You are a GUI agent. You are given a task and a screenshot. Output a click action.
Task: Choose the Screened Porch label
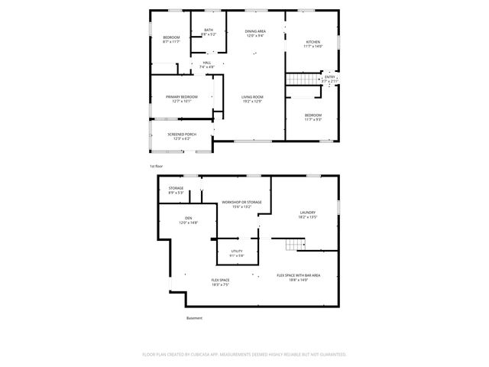[x=182, y=136]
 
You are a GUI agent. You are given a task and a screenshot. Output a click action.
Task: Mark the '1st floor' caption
[x=156, y=166]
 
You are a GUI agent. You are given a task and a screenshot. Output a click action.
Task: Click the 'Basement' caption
[x=194, y=318]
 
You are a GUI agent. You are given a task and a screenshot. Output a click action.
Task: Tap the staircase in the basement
[x=294, y=245]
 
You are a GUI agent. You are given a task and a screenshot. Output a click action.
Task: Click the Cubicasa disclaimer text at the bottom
[x=244, y=355]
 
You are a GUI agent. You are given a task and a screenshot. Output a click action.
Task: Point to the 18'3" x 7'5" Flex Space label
[x=221, y=282]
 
